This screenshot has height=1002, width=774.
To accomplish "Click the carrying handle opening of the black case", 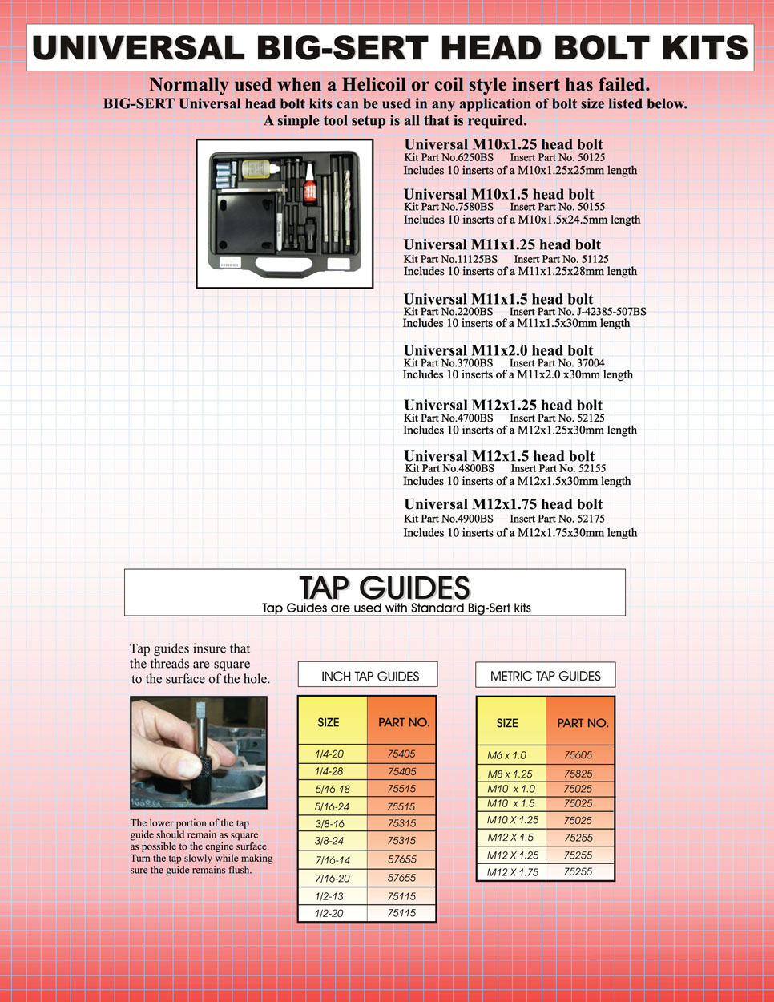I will (x=285, y=264).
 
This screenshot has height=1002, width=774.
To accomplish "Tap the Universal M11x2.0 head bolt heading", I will (x=498, y=350).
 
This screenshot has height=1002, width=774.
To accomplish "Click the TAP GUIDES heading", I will (x=384, y=587).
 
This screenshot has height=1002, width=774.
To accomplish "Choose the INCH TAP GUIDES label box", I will (x=368, y=676).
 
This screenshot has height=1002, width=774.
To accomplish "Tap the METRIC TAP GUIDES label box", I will (x=545, y=676).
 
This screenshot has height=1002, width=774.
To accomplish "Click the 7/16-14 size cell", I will (x=332, y=859).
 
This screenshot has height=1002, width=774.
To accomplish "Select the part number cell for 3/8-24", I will (x=401, y=841).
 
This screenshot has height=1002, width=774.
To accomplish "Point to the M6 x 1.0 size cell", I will (x=507, y=755).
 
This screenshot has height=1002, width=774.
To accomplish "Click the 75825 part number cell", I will (x=578, y=774).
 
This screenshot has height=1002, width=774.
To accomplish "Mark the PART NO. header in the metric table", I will (x=583, y=723).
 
